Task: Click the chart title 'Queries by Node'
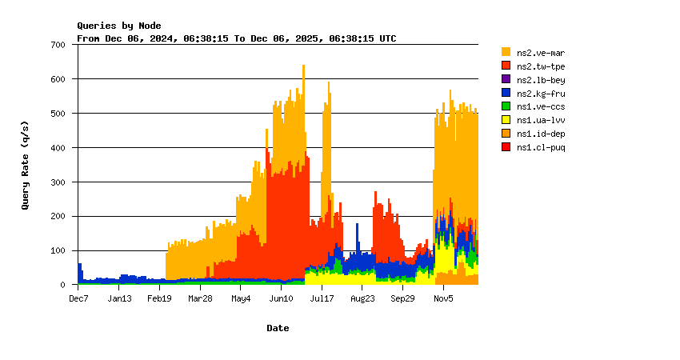click(118, 26)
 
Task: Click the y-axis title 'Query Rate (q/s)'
click(26, 164)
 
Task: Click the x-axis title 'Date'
click(278, 328)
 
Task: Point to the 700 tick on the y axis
click(58, 45)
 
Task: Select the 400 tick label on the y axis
click(58, 148)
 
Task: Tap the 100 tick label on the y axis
click(58, 250)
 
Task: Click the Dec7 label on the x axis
click(78, 298)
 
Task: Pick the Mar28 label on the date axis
click(200, 298)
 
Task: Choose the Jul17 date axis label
click(322, 298)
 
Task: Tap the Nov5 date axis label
click(443, 298)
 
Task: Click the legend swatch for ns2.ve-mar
click(506, 52)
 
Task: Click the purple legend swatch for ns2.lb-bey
click(506, 79)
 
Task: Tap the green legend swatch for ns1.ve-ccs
click(506, 106)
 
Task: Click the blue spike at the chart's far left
click(79, 270)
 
